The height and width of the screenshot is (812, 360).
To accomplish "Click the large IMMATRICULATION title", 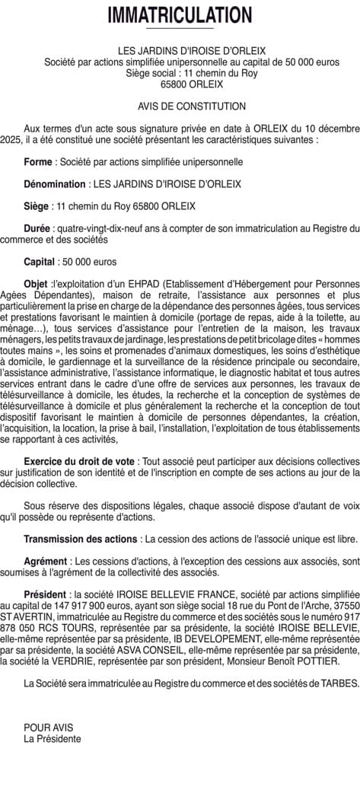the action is (x=180, y=14).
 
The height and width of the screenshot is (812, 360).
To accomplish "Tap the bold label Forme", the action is (x=38, y=162).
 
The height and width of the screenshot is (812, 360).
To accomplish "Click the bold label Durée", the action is (x=37, y=228).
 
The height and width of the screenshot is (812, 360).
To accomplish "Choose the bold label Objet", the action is (x=35, y=284).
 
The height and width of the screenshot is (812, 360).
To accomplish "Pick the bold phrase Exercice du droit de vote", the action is (x=80, y=462).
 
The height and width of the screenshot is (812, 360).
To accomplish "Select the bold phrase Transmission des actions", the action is (x=81, y=539).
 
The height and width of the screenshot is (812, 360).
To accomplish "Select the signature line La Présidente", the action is (x=52, y=738).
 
